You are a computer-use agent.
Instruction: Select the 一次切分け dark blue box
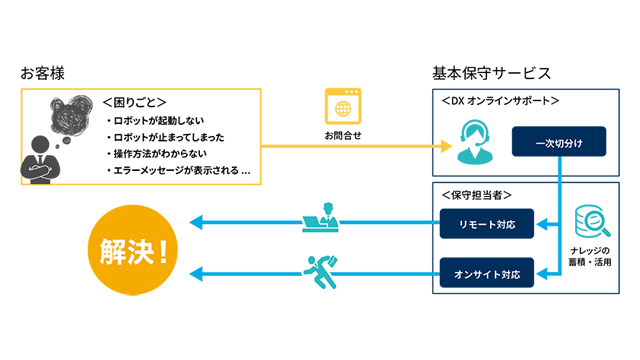point(559,142)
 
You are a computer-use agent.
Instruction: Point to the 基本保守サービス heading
point(491,73)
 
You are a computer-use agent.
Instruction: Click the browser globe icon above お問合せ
point(343,107)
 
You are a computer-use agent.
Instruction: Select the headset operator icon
point(473,141)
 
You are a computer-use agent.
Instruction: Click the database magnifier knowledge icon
point(588,222)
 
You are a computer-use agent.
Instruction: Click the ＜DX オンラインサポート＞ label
point(500,101)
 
